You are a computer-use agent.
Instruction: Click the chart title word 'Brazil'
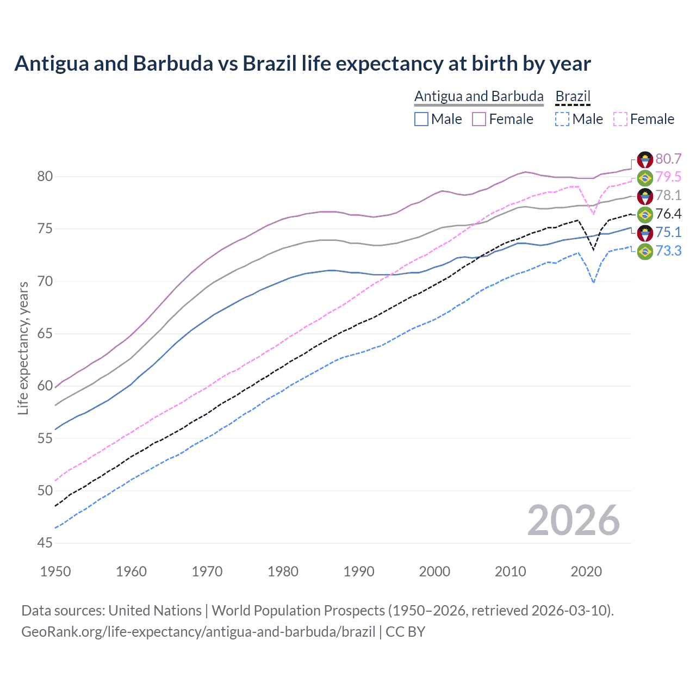270,64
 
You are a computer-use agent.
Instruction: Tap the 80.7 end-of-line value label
668,159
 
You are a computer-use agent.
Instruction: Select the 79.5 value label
668,177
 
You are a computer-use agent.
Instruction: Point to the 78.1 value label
668,196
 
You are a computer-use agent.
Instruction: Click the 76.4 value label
668,214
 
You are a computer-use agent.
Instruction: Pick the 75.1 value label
668,233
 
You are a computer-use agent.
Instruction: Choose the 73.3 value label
668,251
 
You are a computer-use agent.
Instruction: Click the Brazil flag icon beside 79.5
645,178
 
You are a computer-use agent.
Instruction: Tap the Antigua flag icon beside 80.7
645,159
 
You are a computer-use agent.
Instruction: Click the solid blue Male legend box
421,119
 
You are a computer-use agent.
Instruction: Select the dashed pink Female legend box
620,119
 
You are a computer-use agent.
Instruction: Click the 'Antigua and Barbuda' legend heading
478,96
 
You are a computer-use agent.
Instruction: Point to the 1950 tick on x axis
55,571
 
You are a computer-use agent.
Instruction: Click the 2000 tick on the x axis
434,571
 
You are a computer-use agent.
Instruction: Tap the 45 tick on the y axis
45,543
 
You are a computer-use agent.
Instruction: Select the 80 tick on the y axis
45,176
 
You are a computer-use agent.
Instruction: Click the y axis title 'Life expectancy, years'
23,348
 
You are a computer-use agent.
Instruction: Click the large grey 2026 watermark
574,520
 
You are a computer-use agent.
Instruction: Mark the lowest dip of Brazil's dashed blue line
593,282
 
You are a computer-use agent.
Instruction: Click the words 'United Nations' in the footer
155,611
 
